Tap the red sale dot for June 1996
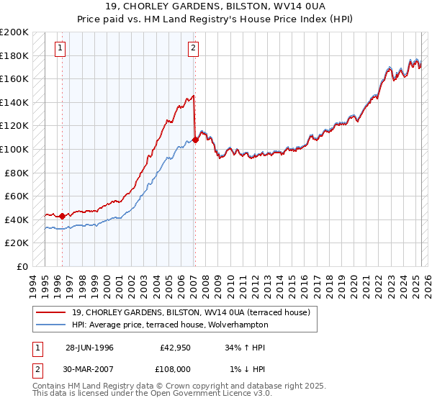(x=62, y=216)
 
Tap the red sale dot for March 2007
(x=195, y=140)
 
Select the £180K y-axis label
(x=15, y=55)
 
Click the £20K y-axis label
(x=17, y=243)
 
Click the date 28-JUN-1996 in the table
(x=89, y=348)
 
